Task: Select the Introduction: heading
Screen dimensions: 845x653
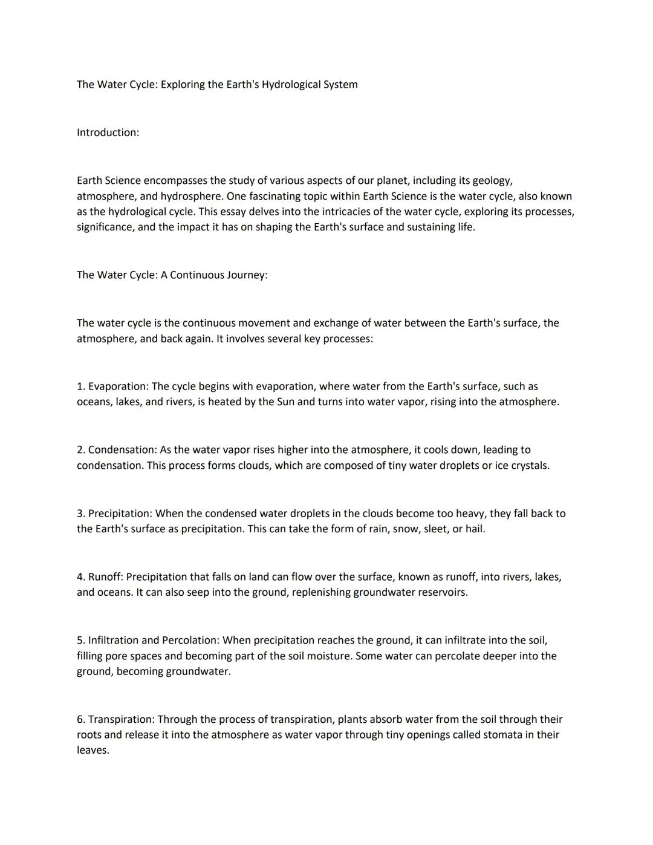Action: (x=108, y=132)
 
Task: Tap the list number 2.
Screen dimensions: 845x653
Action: (x=81, y=450)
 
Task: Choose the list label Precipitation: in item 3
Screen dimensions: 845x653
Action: (x=120, y=514)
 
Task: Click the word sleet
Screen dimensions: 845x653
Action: (x=435, y=529)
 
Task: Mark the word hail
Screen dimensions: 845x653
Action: (x=475, y=529)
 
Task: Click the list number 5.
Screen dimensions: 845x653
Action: (x=81, y=641)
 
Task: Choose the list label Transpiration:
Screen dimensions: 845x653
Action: (x=122, y=720)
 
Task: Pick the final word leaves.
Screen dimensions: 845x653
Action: (x=93, y=751)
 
